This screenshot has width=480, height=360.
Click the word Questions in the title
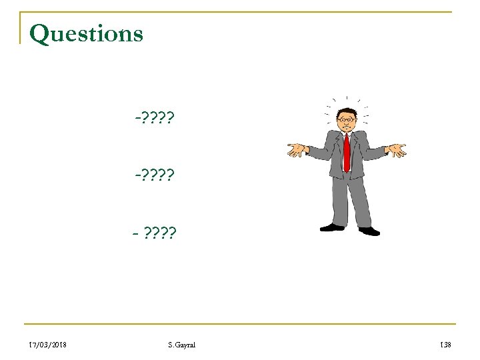[x=86, y=33]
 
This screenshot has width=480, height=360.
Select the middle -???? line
[x=154, y=177]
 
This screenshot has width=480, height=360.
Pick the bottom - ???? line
[x=154, y=233]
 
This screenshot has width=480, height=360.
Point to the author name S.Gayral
[x=182, y=344]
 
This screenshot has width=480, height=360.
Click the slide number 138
[x=445, y=344]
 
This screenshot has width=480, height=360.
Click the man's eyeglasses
[x=345, y=120]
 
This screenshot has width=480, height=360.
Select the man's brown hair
[x=346, y=111]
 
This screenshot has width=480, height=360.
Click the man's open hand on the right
[x=397, y=150]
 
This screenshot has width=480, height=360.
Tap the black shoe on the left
[x=331, y=227]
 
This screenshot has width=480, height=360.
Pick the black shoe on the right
[x=369, y=231]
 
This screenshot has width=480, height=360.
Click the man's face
[x=345, y=123]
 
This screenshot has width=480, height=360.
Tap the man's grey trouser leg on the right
[x=360, y=200]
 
